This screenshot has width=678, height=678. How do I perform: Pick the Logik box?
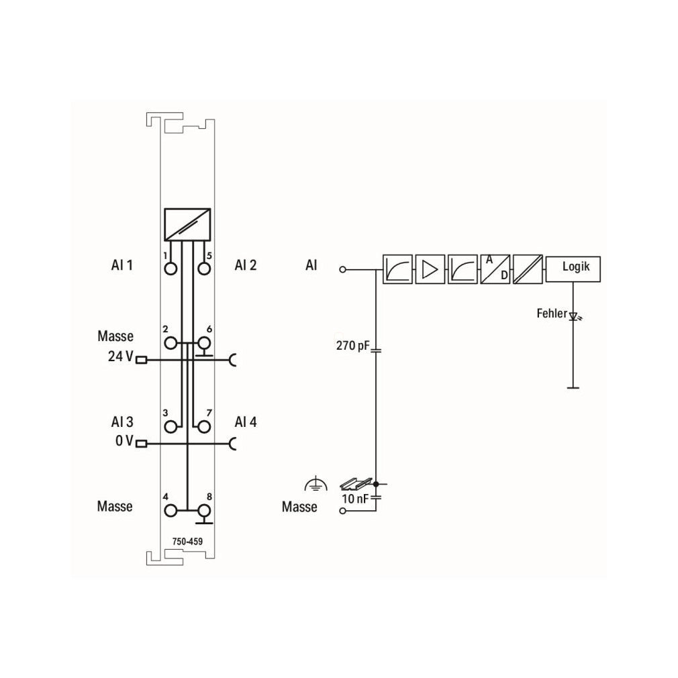coord(573,269)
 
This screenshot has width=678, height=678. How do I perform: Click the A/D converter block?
coord(495,269)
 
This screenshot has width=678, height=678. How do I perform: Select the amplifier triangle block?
coord(430,269)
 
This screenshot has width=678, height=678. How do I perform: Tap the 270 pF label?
coord(353,346)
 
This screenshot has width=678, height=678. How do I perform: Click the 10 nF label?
coord(354,499)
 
